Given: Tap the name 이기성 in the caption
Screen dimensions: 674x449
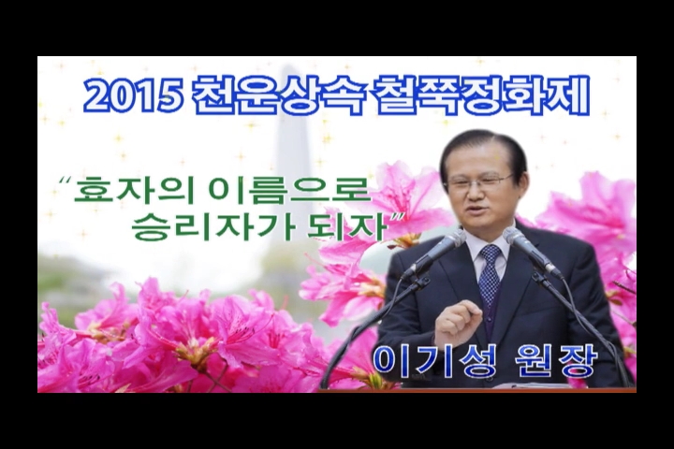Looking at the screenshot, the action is coord(433,361).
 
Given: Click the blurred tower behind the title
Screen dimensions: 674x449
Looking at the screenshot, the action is coord(295,142).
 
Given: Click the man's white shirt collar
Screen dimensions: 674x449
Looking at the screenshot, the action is coord(489,243).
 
